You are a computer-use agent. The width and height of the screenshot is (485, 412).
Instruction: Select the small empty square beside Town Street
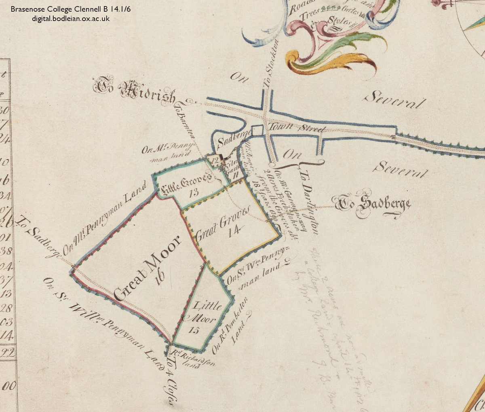(257, 131)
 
